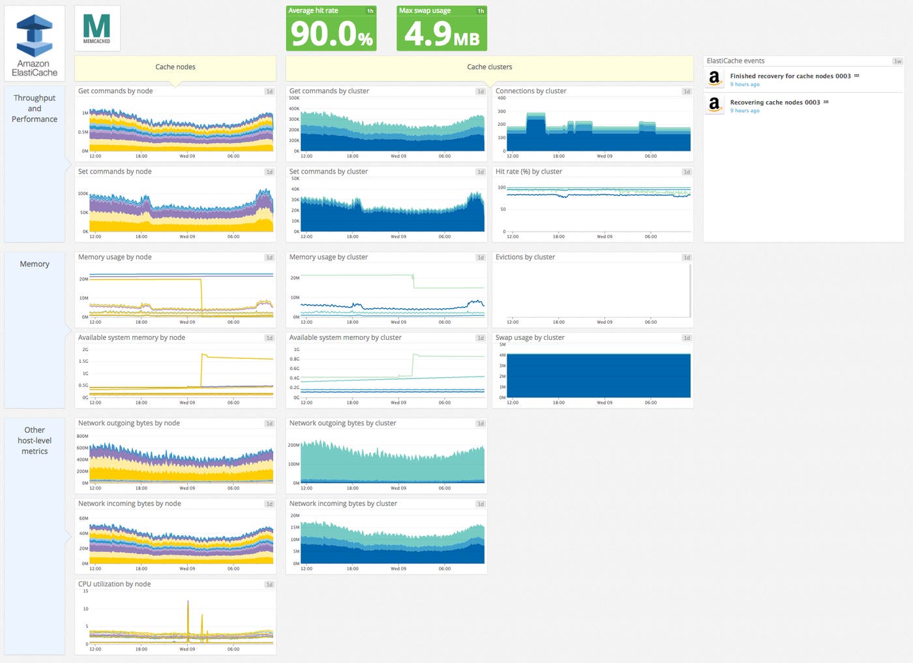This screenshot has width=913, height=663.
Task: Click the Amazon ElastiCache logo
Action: [x=35, y=43]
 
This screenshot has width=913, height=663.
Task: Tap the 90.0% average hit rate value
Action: [x=331, y=34]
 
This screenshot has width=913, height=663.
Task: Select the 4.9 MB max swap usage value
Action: [x=442, y=34]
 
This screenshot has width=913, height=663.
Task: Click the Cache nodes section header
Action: [x=175, y=67]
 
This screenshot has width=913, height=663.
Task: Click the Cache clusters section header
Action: [x=489, y=67]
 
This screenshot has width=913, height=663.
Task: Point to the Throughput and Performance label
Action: [x=35, y=108]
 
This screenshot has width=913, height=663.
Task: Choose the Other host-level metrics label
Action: [x=35, y=440]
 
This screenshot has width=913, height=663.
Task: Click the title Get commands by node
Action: [x=115, y=91]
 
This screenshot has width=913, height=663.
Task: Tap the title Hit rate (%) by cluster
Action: [x=528, y=172]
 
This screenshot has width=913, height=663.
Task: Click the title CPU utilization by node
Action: [x=114, y=584]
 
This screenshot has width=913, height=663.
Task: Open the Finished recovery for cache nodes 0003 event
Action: [x=790, y=76]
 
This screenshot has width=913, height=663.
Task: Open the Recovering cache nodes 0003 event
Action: [x=775, y=102]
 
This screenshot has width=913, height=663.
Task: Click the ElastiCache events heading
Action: [x=736, y=61]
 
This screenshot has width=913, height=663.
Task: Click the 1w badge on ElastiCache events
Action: [x=897, y=61]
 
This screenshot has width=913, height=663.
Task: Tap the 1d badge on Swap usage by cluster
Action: [x=686, y=338]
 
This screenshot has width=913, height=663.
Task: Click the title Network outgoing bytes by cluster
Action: [x=342, y=424]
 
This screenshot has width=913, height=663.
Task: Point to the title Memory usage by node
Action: [x=115, y=257]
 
